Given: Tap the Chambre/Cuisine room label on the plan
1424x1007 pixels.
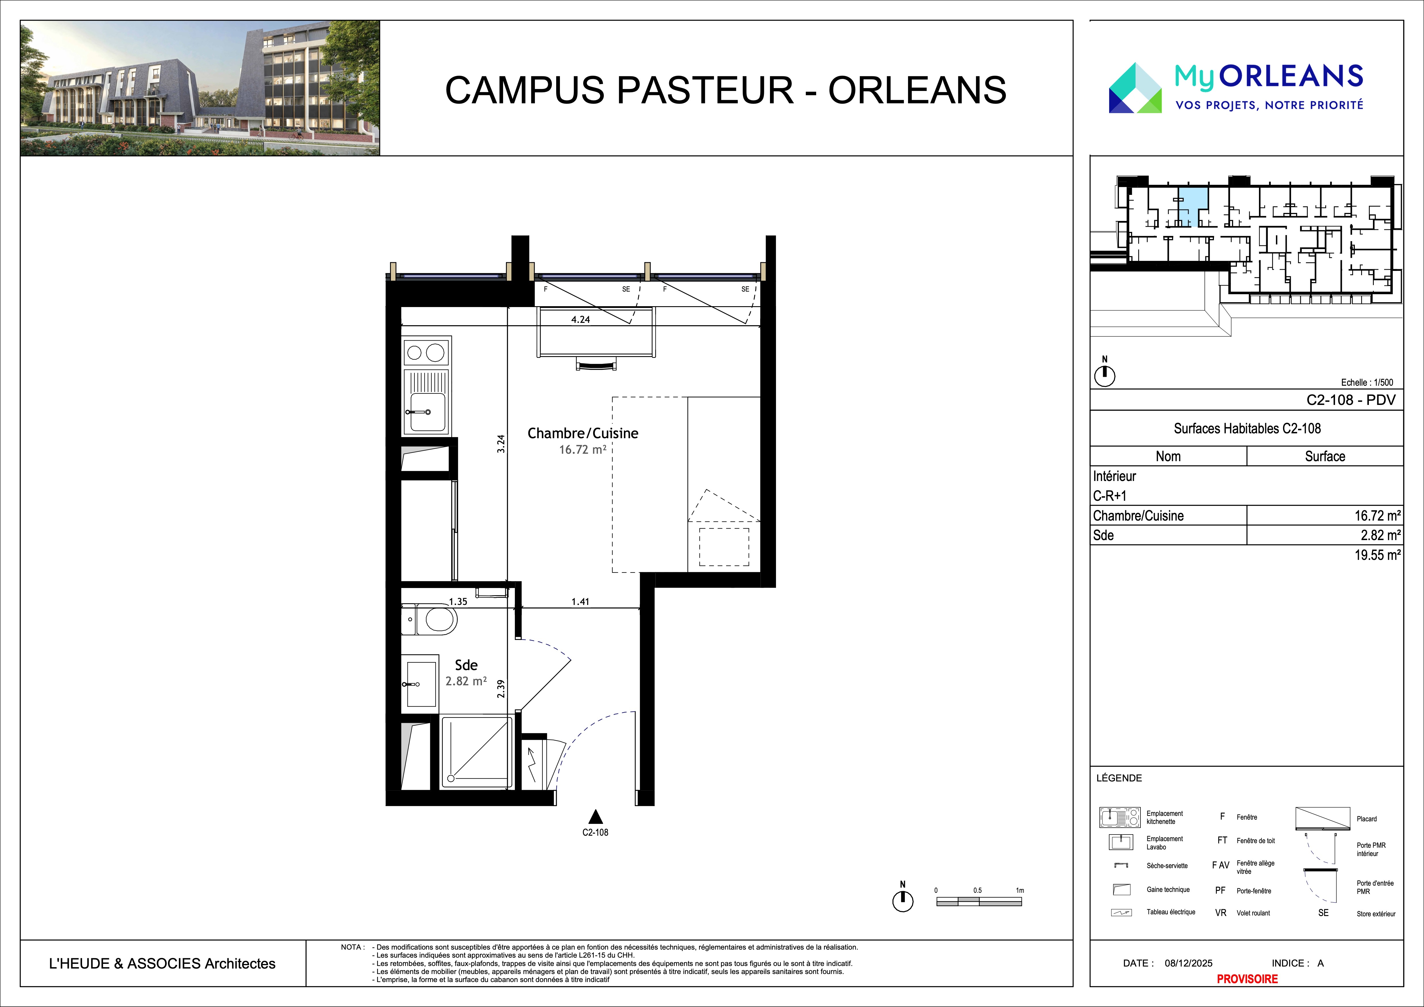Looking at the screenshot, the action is tap(582, 433).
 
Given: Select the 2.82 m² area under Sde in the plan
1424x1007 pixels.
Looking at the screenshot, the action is tap(466, 681).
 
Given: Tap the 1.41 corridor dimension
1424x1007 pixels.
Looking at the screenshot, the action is tap(580, 602).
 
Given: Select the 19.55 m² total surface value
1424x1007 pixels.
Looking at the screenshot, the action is tap(1377, 555).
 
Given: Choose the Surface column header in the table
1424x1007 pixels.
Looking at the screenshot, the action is tap(1325, 456).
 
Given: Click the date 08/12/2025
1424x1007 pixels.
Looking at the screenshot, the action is tap(1188, 963).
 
